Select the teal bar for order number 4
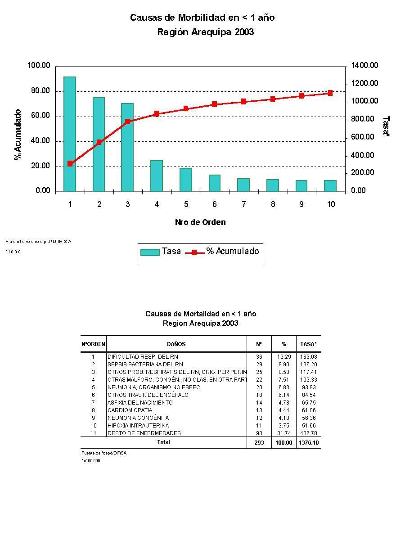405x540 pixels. click(x=157, y=176)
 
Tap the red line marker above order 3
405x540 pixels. click(x=128, y=121)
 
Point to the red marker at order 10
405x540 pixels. click(x=330, y=93)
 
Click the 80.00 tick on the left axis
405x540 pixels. click(x=39, y=91)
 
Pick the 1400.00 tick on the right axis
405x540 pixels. click(x=365, y=66)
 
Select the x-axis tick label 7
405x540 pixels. click(x=243, y=204)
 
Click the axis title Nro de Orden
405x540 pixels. click(x=200, y=222)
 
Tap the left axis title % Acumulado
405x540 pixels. click(x=18, y=135)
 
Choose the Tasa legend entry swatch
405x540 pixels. click(x=150, y=252)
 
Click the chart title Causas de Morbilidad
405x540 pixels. click(x=202, y=18)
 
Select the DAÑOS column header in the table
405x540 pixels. click(x=176, y=344)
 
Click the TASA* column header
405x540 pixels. click(x=308, y=344)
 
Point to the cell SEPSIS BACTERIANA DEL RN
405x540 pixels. click(x=145, y=364)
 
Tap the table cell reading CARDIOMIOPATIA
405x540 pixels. click(x=130, y=410)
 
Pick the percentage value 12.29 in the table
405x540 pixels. click(x=284, y=357)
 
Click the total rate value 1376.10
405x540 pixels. click(x=308, y=443)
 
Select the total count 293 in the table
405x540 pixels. click(x=259, y=443)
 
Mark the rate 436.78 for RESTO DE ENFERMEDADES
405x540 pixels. click(x=308, y=433)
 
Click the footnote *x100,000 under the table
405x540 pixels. click(x=91, y=461)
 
